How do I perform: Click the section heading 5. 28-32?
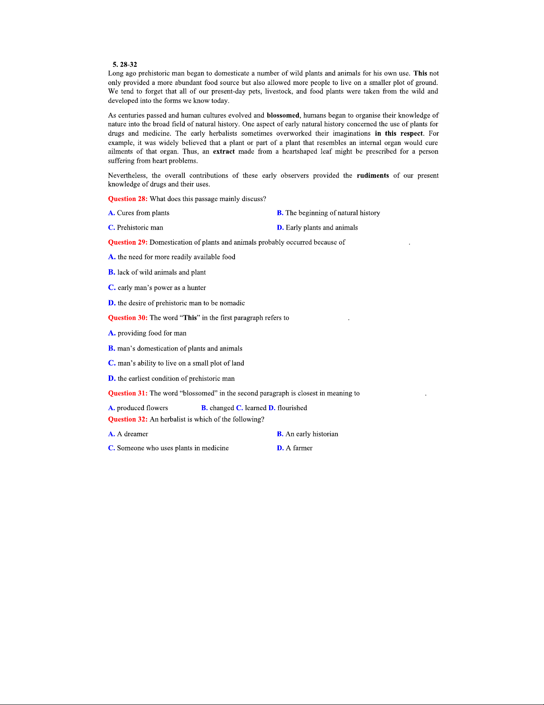[x=125, y=64]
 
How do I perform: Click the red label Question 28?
[x=127, y=199]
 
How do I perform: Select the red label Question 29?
[x=127, y=242]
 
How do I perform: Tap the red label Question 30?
[x=127, y=318]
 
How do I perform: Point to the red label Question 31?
[x=127, y=393]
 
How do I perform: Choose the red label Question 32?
[x=127, y=419]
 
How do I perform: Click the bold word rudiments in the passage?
[x=373, y=176]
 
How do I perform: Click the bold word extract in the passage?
[x=224, y=152]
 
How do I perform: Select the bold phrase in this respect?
[x=399, y=133]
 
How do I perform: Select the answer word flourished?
[x=292, y=408]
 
